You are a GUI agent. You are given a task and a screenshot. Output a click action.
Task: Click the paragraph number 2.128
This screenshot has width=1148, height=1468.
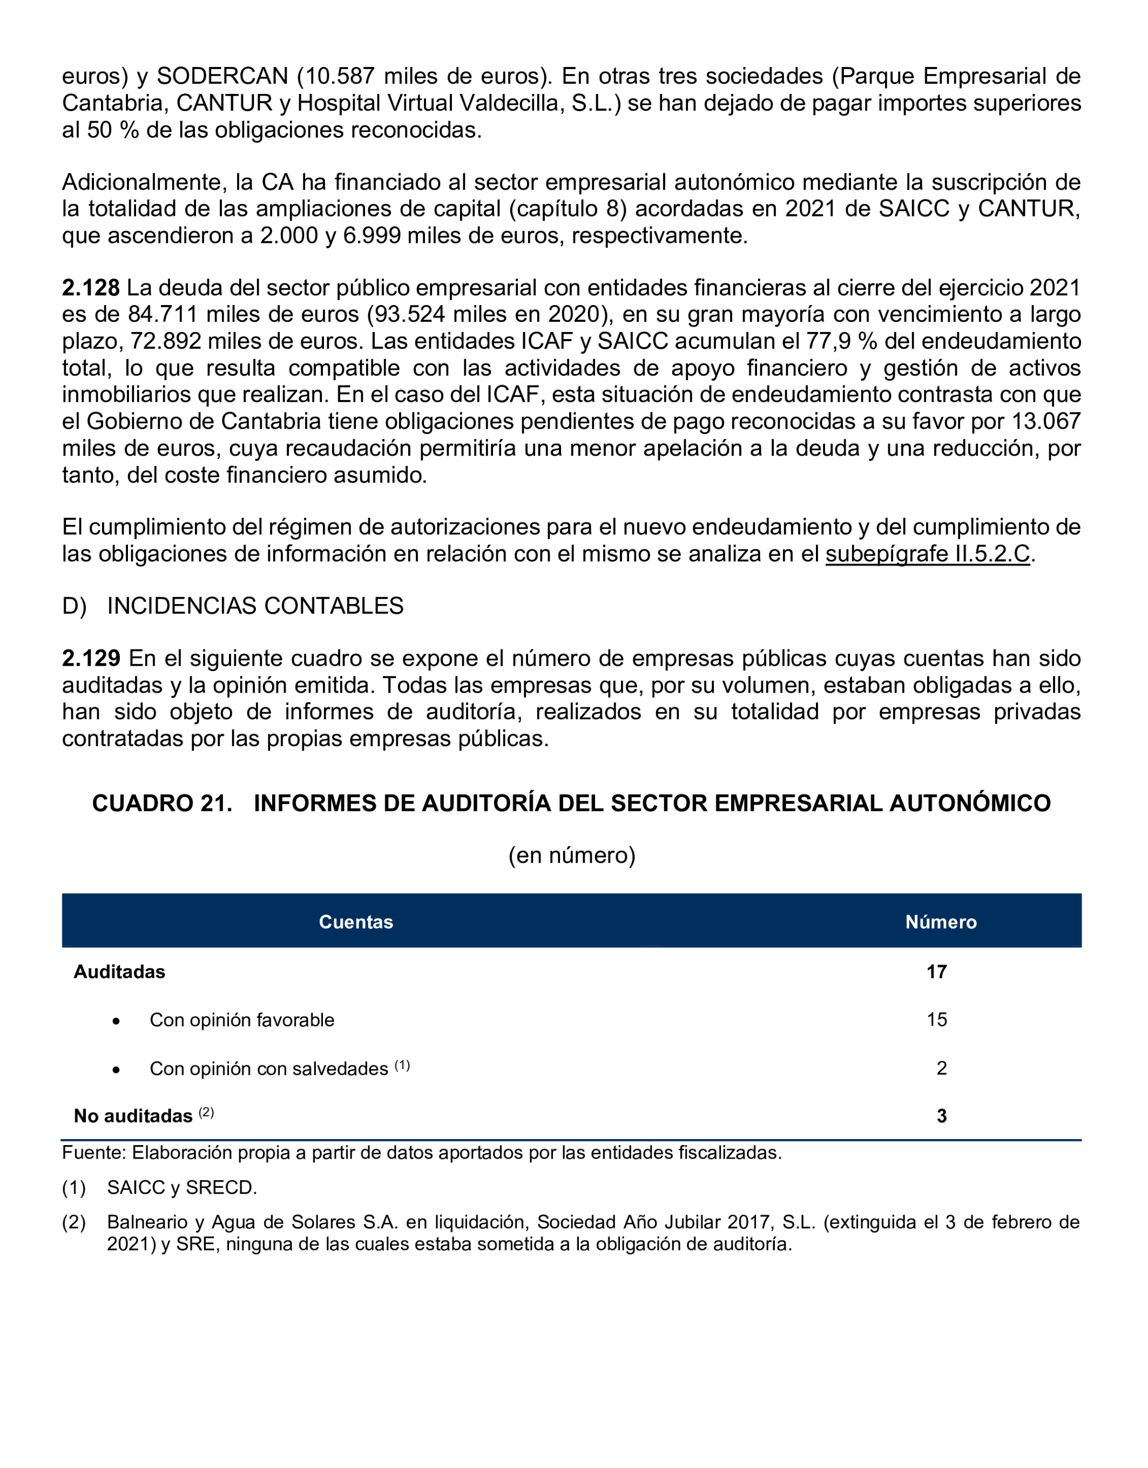tap(91, 288)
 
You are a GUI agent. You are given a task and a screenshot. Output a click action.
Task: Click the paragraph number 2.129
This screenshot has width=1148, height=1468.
tap(91, 658)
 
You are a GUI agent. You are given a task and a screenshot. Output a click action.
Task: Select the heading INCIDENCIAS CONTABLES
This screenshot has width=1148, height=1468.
tap(255, 606)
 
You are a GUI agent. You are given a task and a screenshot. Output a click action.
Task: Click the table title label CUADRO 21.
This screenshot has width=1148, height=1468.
tap(161, 803)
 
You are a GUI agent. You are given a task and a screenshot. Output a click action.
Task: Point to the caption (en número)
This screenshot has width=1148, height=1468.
tap(571, 855)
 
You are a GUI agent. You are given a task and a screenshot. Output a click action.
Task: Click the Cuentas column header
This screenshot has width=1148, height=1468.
tap(355, 922)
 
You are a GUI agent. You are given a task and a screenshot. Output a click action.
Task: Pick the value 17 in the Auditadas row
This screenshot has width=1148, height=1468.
tap(936, 972)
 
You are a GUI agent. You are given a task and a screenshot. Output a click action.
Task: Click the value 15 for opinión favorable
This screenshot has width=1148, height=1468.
tap(936, 1020)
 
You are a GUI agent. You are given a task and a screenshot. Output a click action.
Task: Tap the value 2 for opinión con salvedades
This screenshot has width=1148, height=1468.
tap(941, 1068)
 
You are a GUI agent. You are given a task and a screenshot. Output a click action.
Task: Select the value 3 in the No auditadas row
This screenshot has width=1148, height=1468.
tap(941, 1116)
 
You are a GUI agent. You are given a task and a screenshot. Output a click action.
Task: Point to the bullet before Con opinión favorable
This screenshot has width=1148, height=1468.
tap(116, 1021)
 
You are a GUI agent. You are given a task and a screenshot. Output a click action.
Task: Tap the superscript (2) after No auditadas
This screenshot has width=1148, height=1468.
tap(206, 1112)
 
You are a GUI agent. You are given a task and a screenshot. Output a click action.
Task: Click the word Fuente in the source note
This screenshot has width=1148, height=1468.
tap(93, 1153)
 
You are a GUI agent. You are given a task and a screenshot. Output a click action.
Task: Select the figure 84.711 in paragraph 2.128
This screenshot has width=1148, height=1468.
tap(162, 315)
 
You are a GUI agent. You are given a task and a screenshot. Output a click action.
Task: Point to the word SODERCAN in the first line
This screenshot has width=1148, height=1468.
tap(222, 76)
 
